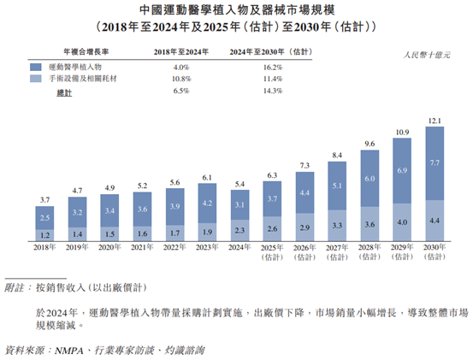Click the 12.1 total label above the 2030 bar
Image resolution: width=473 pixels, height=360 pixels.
pyautogui.click(x=435, y=119)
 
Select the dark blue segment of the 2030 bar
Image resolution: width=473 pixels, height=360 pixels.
pyautogui.click(x=435, y=162)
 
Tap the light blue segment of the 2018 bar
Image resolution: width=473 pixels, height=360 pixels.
pyautogui.click(x=44, y=234)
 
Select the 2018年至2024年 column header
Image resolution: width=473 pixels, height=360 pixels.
pyautogui.click(x=181, y=52)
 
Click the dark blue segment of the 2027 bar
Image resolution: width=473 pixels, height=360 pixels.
pyautogui.click(x=337, y=186)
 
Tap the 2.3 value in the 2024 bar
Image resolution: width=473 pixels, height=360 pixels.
pyautogui.click(x=239, y=229)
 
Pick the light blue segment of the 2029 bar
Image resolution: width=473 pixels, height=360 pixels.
pyautogui.click(x=402, y=222)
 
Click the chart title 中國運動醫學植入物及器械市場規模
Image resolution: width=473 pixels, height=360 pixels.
pyautogui.click(x=236, y=9)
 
